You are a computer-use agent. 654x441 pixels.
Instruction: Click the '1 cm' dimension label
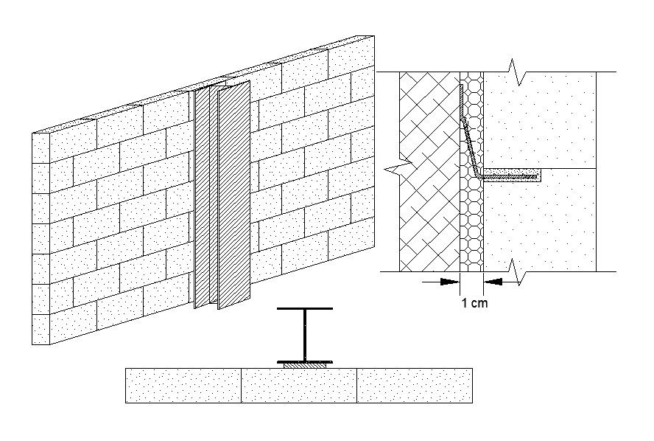(x=474, y=302)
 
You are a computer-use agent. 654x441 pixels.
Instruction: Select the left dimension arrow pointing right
(x=445, y=281)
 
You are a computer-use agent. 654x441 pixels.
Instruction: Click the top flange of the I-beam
(x=304, y=308)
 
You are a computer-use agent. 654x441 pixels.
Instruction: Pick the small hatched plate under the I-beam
(x=304, y=365)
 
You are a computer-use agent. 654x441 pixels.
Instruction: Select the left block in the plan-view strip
(x=183, y=386)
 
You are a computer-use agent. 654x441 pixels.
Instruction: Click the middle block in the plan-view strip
(x=299, y=386)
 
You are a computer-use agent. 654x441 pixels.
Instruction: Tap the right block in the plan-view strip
(x=414, y=386)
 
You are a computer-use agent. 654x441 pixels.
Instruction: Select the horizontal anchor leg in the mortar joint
(x=511, y=174)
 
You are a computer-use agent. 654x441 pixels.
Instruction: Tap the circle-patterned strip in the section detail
(x=472, y=221)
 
